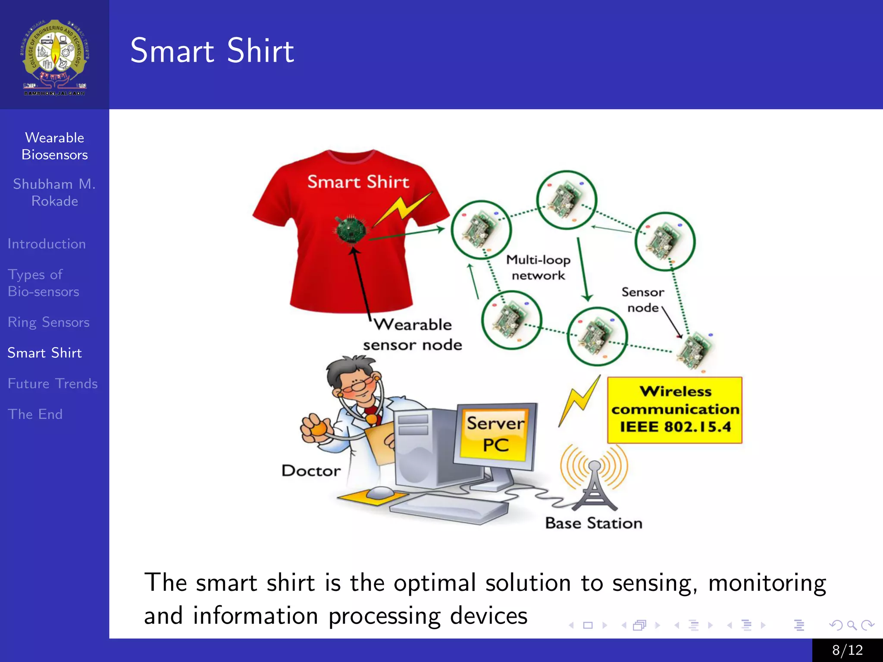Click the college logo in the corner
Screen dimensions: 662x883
tap(54, 57)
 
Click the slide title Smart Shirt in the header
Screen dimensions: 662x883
tap(212, 51)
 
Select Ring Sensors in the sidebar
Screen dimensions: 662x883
tap(48, 322)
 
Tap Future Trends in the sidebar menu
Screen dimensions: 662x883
tap(53, 384)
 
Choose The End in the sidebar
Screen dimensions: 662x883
tap(35, 414)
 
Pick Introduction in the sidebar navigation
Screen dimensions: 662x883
tap(47, 244)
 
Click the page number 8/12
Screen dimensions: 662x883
tap(847, 650)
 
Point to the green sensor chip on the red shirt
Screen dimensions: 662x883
tap(351, 230)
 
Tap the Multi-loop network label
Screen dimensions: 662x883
tap(538, 268)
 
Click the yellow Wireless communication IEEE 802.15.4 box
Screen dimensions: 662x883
tap(675, 410)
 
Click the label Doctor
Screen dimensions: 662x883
tap(311, 471)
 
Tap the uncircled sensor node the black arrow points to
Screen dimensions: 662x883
tap(695, 350)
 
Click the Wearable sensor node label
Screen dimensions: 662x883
tap(412, 335)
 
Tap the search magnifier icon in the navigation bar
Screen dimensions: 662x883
tap(852, 625)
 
